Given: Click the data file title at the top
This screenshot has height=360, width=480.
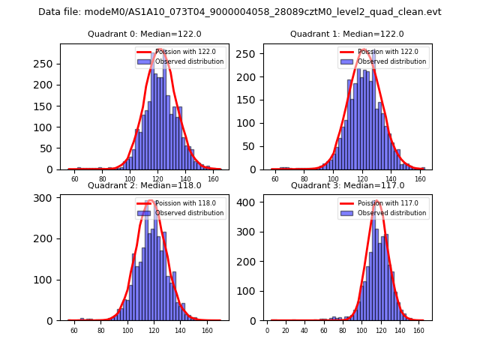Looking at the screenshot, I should tap(240, 12).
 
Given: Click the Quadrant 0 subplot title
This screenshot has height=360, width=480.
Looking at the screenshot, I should tap(144, 34).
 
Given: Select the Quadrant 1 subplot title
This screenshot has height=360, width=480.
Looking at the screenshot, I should tap(346, 34).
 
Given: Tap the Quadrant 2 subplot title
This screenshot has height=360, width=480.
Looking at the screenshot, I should tap(144, 185).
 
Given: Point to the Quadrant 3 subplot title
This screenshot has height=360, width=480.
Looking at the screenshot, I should tap(346, 185).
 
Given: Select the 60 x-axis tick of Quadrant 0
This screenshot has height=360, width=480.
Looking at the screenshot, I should tap(73, 180).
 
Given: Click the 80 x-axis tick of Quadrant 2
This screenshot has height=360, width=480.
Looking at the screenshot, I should tap(100, 331).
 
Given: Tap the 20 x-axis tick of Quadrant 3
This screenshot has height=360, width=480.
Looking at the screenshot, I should tap(286, 331).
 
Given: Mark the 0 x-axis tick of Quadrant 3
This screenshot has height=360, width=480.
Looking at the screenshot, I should tap(267, 331).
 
